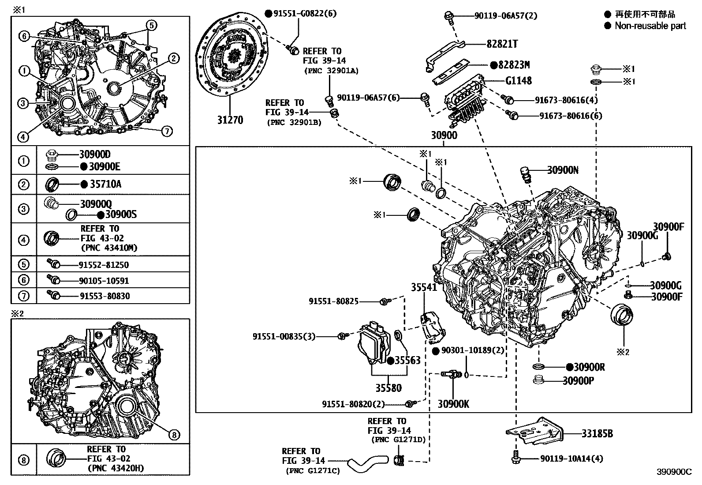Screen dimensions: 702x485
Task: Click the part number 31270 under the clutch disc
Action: pyautogui.click(x=230, y=120)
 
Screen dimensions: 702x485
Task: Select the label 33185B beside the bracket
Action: pyautogui.click(x=597, y=433)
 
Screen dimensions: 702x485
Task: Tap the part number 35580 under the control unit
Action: pyautogui.click(x=388, y=388)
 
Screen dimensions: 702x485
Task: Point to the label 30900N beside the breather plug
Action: pyautogui.click(x=563, y=170)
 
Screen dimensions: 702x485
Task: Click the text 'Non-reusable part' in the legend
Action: pyautogui.click(x=650, y=26)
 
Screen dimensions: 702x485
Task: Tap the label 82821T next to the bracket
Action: pyautogui.click(x=502, y=44)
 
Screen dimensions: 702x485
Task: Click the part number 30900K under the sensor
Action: pyautogui.click(x=453, y=403)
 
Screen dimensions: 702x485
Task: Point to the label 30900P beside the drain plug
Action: pyautogui.click(x=578, y=380)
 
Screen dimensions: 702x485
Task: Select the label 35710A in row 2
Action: pyautogui.click(x=105, y=184)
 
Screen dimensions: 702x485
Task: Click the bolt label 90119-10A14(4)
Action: pyautogui.click(x=571, y=459)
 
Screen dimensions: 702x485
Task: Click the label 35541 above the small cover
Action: pyautogui.click(x=424, y=288)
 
